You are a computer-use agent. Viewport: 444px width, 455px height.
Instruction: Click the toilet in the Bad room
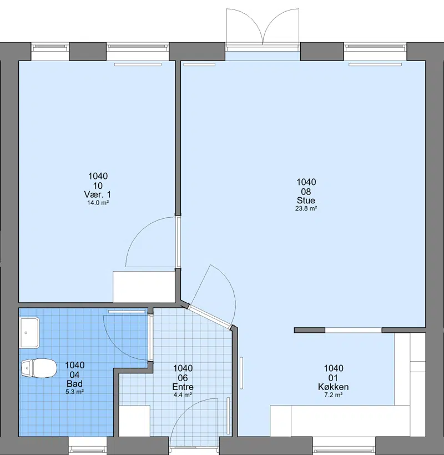point(39,368)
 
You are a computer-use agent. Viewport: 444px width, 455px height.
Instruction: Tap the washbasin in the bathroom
point(29,333)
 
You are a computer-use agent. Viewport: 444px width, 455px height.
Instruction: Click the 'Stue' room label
point(306,201)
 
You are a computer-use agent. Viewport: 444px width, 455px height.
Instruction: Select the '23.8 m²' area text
point(306,208)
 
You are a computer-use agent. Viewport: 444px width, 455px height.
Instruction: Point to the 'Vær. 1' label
point(98,194)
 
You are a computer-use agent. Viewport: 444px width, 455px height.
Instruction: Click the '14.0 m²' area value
point(98,203)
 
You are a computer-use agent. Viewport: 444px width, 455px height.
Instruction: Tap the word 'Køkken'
point(334,387)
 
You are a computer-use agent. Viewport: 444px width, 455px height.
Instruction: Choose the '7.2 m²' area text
point(334,395)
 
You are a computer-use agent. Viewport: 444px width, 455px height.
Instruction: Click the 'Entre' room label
point(183,387)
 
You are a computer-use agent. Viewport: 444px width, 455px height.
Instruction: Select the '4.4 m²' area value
point(183,395)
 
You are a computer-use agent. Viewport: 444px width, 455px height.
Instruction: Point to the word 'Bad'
point(74,384)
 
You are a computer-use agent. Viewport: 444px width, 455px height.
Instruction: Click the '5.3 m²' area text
point(74,392)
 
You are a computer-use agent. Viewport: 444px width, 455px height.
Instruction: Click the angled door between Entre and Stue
point(211,317)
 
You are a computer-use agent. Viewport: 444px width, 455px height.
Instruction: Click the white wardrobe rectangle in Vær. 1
point(144,287)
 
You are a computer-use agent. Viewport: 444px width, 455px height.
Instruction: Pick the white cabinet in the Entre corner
point(134,421)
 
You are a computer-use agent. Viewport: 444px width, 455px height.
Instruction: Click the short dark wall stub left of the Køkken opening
point(310,330)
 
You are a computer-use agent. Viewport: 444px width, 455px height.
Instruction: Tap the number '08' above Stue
point(306,192)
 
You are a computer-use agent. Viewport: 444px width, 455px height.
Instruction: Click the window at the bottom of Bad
point(88,446)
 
